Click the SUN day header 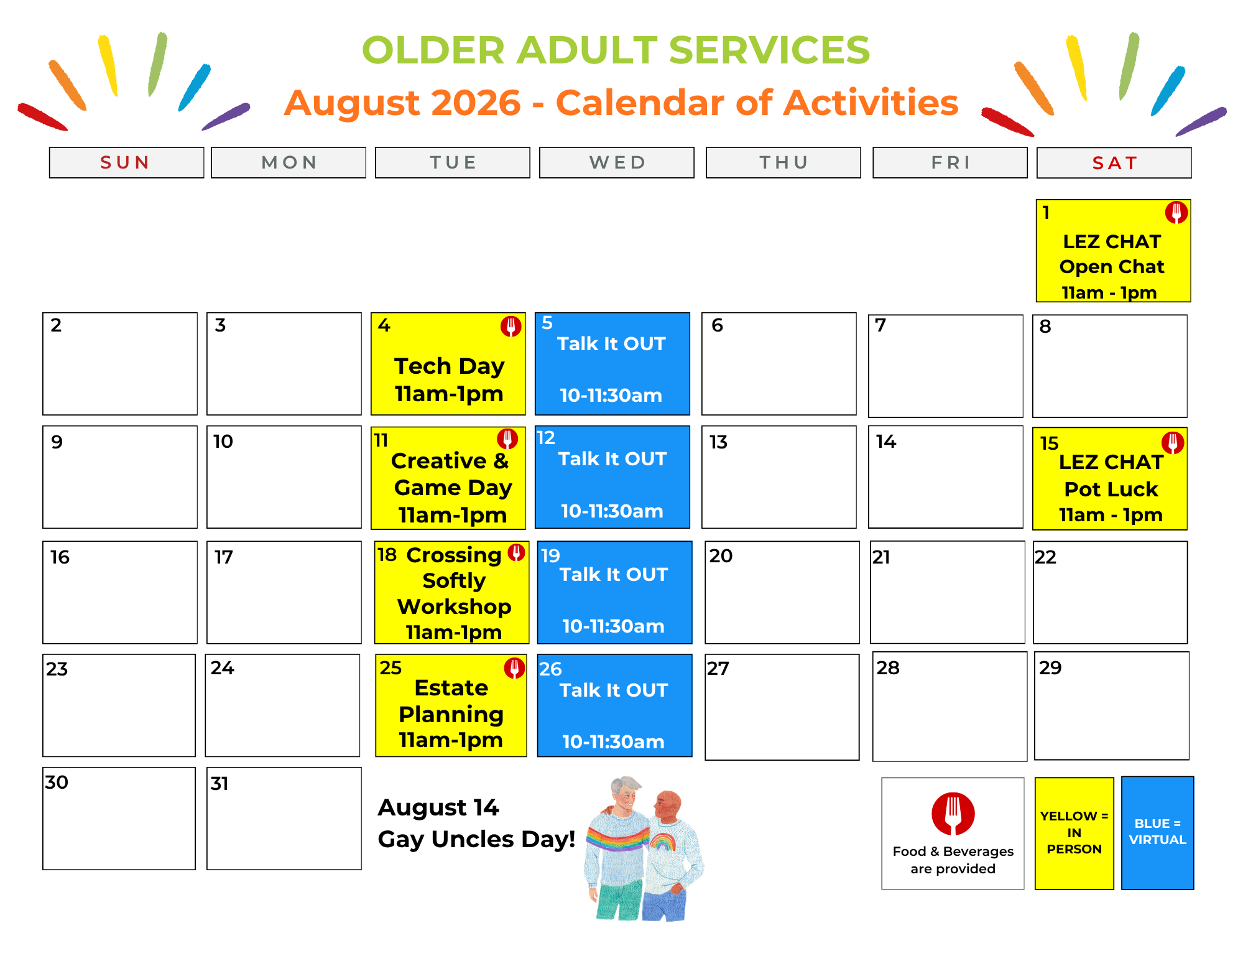coord(126,162)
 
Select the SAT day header coord(1114,163)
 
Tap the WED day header coord(616,162)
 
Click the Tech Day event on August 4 coord(448,364)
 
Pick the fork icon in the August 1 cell coord(1176,213)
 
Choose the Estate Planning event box coord(451,705)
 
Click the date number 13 coord(718,442)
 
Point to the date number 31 coord(219,783)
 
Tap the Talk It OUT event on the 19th coord(614,592)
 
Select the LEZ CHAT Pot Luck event coord(1110,478)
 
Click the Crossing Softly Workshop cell coord(451,592)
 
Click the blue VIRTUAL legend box coord(1157,833)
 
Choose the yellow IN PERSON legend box coord(1074,833)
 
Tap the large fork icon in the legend coord(953,814)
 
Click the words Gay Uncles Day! coord(476,839)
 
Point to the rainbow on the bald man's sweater coord(663,842)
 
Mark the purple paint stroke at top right coord(1201,121)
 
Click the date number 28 coord(888,668)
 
